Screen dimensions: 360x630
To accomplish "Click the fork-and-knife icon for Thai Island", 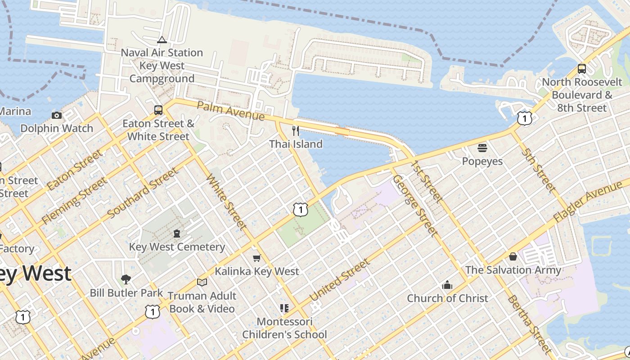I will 296,131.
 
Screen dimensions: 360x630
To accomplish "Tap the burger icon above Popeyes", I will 482,148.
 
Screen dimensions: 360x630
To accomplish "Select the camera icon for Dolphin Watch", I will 57,115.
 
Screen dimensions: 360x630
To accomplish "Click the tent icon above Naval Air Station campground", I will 162,40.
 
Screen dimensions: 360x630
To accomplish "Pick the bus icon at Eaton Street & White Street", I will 158,110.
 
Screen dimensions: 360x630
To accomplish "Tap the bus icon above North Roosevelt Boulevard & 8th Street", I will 582,69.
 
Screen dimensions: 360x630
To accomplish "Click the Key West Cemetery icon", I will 177,234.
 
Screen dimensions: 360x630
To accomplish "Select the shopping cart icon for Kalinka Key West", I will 256,258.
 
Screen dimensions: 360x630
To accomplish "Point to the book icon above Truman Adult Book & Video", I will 202,282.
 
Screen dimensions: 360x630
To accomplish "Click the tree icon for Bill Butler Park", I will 126,279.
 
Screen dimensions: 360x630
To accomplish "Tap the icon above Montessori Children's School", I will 284,308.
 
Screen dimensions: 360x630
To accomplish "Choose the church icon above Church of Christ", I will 447,285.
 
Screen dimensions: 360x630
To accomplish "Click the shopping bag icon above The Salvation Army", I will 513,256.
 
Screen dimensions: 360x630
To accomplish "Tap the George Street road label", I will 414,205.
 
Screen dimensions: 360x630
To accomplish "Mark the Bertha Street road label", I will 529,324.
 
